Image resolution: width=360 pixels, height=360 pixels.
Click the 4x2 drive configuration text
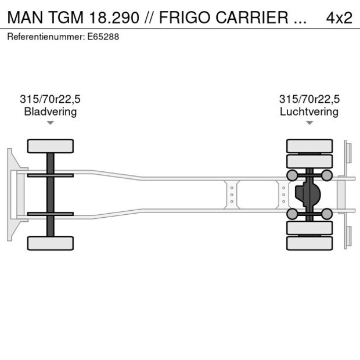(x=339, y=17)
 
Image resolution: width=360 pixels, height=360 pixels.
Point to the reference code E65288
(x=106, y=37)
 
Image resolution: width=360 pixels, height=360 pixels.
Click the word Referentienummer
(x=46, y=37)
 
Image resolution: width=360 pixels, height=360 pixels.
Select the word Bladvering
(x=50, y=111)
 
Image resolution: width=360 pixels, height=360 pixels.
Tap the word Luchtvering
(x=309, y=111)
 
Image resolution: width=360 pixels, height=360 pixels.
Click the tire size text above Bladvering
(x=50, y=99)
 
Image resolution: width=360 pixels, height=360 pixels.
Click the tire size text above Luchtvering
(x=309, y=99)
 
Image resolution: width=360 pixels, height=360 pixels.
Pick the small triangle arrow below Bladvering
(x=51, y=123)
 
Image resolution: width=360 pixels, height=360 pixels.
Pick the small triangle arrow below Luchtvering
(x=309, y=123)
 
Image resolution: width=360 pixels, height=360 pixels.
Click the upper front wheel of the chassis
(x=51, y=146)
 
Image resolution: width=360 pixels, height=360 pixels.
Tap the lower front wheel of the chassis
(x=51, y=243)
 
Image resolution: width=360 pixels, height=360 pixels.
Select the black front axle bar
(x=51, y=194)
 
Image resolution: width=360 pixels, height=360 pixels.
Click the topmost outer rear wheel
(x=309, y=145)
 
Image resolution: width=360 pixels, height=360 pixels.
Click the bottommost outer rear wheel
(x=309, y=243)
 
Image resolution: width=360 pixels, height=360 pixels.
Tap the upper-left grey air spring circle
(x=292, y=175)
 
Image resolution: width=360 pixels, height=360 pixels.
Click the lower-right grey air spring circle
(x=327, y=214)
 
